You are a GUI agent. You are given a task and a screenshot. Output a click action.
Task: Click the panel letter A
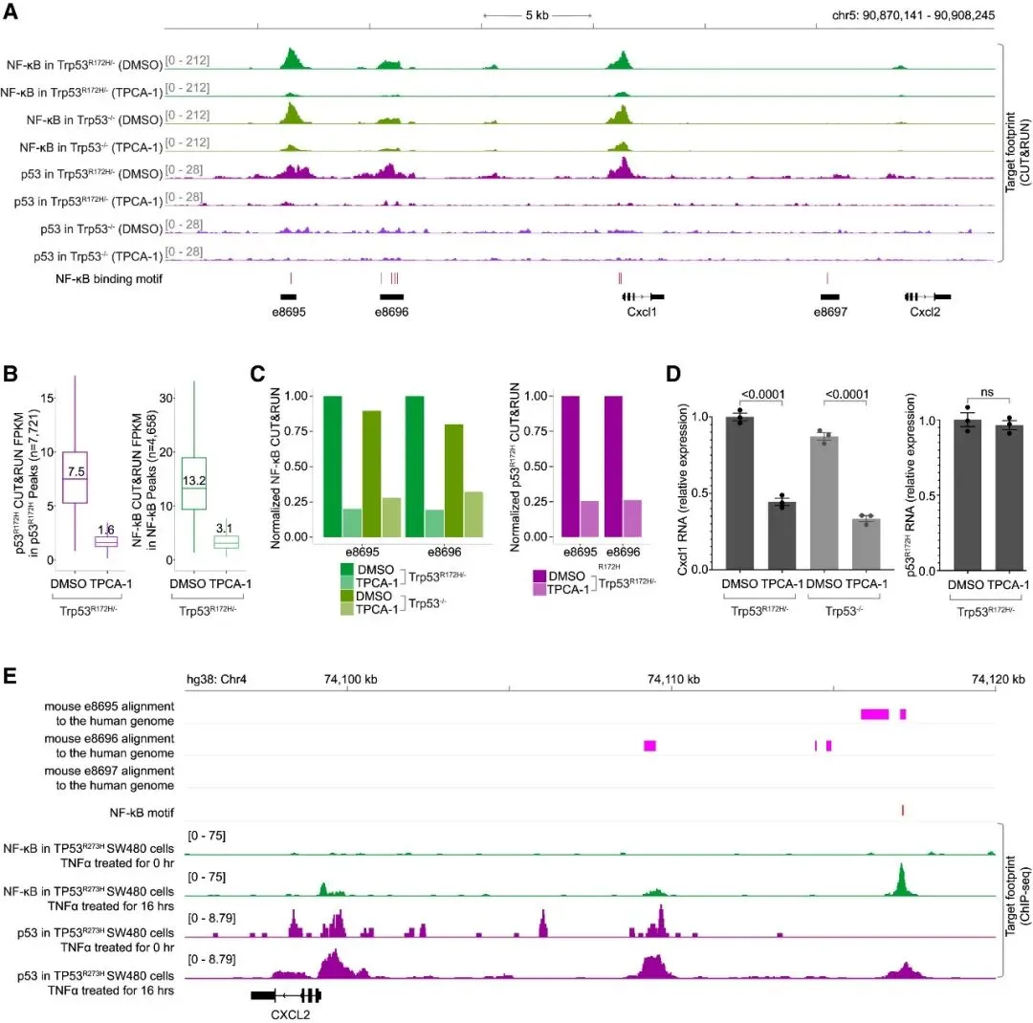coord(11,11)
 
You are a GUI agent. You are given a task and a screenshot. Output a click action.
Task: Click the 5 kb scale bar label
coord(537,15)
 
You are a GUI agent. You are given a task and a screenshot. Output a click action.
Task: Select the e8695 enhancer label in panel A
coord(289,312)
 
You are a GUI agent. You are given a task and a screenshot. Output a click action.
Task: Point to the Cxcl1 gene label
coord(642,312)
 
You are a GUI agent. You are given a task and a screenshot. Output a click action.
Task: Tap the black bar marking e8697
coord(829,297)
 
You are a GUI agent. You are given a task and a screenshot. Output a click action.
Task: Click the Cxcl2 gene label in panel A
coord(925,312)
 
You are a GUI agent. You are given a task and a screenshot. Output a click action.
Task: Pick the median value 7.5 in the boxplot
coord(76,471)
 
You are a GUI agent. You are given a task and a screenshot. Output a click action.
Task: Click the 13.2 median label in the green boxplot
coord(194,481)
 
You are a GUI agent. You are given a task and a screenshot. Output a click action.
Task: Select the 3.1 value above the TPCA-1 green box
coord(224,529)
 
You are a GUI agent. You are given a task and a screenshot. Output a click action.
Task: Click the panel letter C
coord(257,374)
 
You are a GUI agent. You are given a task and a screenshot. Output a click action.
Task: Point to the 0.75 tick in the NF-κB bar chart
coord(297,431)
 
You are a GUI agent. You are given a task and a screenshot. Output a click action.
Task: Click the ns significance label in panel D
coord(986,392)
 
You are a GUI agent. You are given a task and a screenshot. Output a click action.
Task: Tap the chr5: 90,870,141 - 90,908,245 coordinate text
coord(913,15)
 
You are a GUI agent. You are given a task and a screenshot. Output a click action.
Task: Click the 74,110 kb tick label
coord(673,679)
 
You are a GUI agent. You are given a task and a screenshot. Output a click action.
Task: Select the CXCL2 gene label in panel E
coord(290,1015)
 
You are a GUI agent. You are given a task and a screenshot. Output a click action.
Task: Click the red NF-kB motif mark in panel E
coord(903,810)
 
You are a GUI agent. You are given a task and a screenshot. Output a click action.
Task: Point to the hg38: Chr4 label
coord(216,679)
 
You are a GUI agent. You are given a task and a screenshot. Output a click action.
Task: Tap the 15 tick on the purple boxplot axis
coord(47,399)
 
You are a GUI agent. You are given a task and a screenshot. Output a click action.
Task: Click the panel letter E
coord(10,676)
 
